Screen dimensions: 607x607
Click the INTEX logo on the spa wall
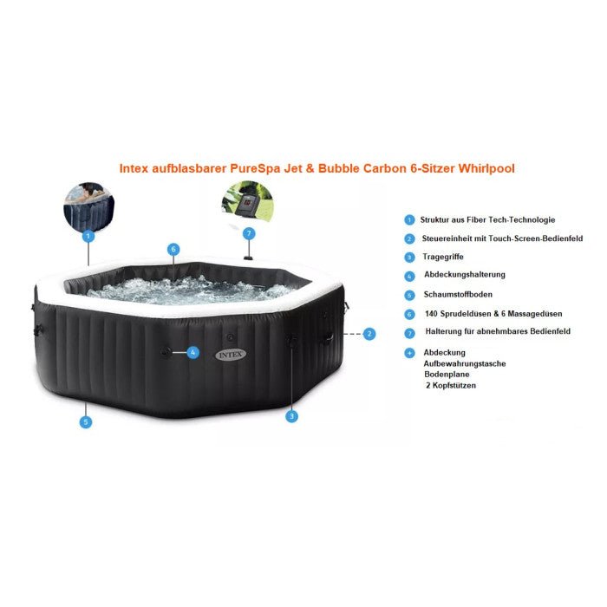(x=231, y=354)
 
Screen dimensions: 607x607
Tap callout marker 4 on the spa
(x=193, y=352)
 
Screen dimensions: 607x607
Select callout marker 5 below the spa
(x=86, y=422)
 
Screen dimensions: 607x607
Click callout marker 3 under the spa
(x=291, y=416)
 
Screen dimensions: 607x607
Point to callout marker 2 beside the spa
(x=369, y=334)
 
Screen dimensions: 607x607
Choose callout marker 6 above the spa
(x=173, y=250)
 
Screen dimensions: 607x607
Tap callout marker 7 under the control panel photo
(x=249, y=233)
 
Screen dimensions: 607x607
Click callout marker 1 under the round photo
(x=88, y=236)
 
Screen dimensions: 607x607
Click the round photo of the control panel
(x=248, y=202)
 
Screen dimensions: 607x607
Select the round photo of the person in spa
(x=89, y=207)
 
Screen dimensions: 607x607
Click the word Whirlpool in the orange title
(x=486, y=168)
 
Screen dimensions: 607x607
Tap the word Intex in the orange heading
(x=134, y=168)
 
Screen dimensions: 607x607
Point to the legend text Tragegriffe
(x=443, y=257)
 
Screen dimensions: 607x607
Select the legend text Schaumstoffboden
(x=458, y=294)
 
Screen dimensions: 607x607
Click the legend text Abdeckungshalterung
(x=465, y=275)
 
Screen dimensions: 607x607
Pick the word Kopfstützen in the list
(x=454, y=386)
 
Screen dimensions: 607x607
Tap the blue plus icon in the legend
(x=409, y=353)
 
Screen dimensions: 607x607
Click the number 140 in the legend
(x=431, y=314)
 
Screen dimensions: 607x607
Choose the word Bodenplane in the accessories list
(x=447, y=375)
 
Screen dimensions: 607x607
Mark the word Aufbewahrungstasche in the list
(x=465, y=363)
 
